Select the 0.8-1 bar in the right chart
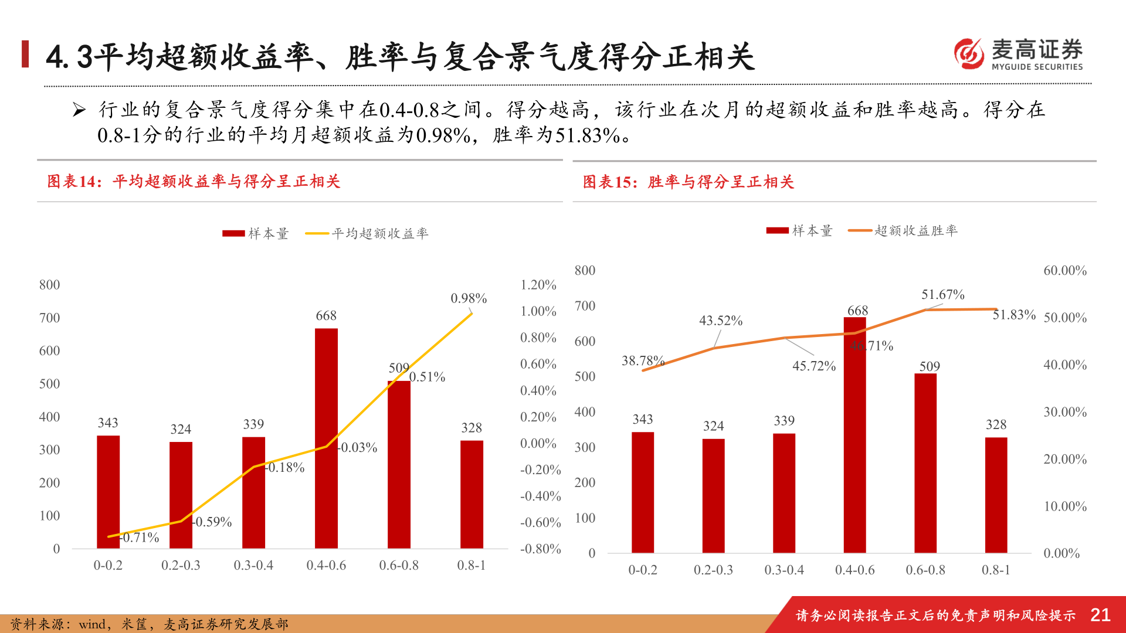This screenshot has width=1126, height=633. coord(996,495)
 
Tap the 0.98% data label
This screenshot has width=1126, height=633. coord(469,298)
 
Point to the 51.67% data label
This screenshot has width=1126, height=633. coord(942,294)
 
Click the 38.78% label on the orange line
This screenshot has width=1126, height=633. coord(642,360)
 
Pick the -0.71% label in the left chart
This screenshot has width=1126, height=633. coord(140,537)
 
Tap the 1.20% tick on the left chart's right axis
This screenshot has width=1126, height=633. coord(538,285)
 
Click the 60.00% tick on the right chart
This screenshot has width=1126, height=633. coord(1064,271)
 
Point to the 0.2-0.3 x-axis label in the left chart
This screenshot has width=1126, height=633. coord(181,566)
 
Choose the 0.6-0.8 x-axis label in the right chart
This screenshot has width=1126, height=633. coord(925,570)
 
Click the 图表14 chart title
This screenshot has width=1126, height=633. coord(194,182)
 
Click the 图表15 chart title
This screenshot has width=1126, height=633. coord(688,182)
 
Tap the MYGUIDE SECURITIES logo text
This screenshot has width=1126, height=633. coord(1037,67)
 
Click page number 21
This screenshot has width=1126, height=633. coord(1100,615)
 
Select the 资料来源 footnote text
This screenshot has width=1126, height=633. coord(150,624)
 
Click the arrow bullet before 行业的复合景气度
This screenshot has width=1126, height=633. coord(79,110)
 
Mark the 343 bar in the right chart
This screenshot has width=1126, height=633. coord(643,492)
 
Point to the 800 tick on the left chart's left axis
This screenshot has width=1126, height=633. coord(49,285)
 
